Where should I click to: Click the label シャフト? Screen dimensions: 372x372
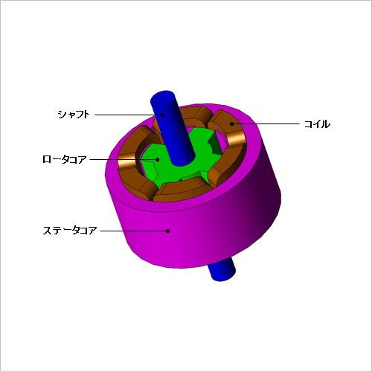[x=74, y=115]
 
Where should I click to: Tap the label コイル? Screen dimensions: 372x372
[x=317, y=124]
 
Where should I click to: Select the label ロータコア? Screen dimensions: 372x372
[x=64, y=159]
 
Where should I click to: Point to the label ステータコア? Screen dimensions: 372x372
[x=70, y=231]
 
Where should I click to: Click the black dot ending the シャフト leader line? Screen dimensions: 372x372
[x=163, y=115]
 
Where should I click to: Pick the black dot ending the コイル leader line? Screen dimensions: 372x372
[x=232, y=124]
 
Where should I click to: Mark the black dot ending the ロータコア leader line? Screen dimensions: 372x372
[x=157, y=159]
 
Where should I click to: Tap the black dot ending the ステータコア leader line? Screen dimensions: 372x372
[x=168, y=231]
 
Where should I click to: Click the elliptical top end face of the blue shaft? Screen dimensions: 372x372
[x=163, y=99]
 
